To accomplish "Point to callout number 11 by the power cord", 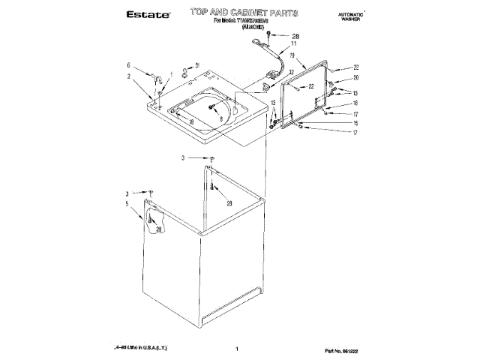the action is pos(294,45).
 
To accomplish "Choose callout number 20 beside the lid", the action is pos(356,78).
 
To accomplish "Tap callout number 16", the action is pos(356,103).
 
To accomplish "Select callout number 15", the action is pos(356,123).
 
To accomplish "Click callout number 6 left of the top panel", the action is pos(129,64).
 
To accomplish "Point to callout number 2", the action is pos(129,76).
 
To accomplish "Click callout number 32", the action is pos(290,72).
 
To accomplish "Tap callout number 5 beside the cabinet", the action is pos(127,204).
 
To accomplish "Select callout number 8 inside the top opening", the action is pos(222,118).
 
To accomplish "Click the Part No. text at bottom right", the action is pos(344,349).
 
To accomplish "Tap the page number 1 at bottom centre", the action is pos(236,349).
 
